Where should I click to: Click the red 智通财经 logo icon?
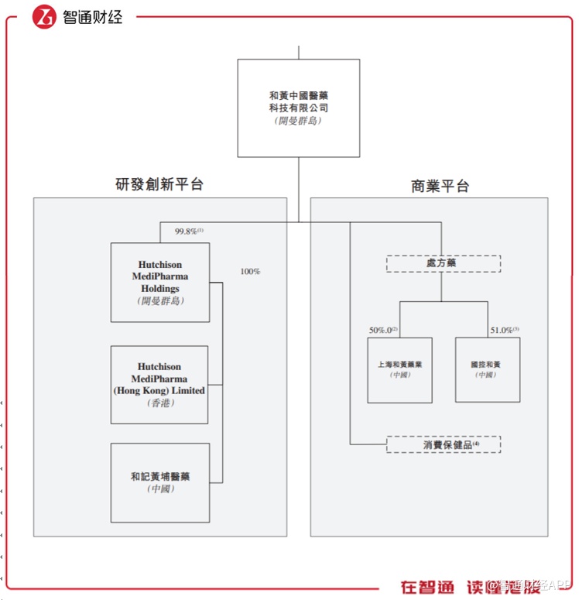click(45, 17)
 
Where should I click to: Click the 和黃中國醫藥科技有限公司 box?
click(299, 108)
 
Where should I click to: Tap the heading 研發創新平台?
click(159, 184)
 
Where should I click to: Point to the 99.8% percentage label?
click(188, 231)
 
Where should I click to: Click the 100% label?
click(250, 272)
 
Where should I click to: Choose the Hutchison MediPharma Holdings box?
click(160, 282)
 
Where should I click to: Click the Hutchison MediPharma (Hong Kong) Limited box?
click(159, 385)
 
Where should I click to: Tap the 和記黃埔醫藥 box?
click(159, 482)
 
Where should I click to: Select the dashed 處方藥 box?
click(444, 264)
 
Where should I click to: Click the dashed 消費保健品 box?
click(444, 444)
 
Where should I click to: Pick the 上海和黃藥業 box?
click(399, 369)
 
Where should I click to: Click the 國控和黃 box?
click(487, 369)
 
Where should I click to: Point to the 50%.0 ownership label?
click(383, 330)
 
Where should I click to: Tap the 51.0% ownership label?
click(504, 330)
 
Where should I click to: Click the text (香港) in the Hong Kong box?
click(159, 403)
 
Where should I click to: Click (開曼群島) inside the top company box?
click(299, 121)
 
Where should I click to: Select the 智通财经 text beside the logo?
click(92, 17)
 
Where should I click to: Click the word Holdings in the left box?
click(160, 289)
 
